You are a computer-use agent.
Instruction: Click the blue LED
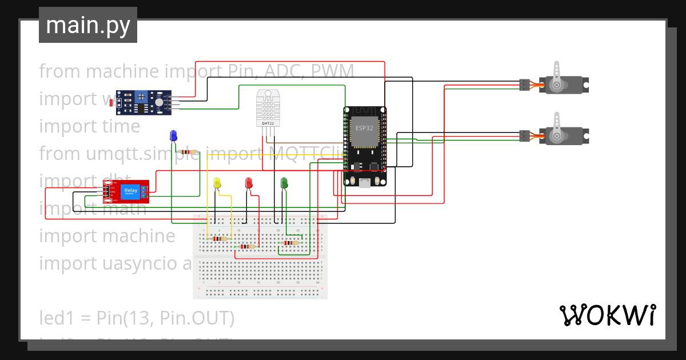[x=173, y=135]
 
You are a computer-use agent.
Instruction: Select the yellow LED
[x=217, y=183]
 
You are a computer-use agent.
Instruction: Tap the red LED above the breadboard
[x=249, y=183]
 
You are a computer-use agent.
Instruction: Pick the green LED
[x=284, y=183]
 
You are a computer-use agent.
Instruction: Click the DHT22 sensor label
[x=267, y=123]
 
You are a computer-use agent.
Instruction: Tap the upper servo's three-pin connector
[x=524, y=85]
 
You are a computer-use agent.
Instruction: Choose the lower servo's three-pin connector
[x=524, y=136]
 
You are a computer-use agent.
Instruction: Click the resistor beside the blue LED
[x=187, y=152]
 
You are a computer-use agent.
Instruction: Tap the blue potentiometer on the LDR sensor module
[x=158, y=102]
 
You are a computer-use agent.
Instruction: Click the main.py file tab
[x=88, y=25]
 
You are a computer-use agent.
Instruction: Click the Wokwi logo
[x=607, y=315]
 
